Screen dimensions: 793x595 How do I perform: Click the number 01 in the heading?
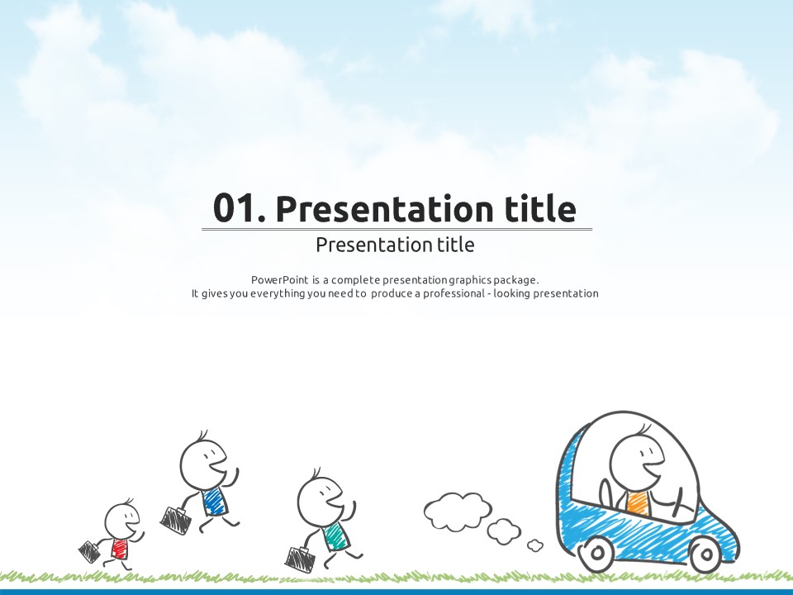click(x=233, y=208)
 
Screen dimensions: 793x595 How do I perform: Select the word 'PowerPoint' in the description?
click(x=280, y=280)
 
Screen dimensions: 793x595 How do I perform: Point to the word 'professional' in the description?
click(x=453, y=293)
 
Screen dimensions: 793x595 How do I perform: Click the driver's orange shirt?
click(x=637, y=503)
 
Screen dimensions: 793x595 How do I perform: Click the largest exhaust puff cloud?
click(x=458, y=511)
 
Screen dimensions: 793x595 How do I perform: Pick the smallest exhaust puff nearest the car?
click(x=535, y=545)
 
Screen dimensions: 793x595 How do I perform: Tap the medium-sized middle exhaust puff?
click(x=504, y=531)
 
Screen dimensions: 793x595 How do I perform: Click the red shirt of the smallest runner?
click(x=119, y=549)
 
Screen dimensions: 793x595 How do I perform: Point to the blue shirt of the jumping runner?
click(x=215, y=501)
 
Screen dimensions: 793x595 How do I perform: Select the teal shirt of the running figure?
click(x=335, y=536)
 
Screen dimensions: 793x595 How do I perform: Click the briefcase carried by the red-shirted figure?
click(x=89, y=551)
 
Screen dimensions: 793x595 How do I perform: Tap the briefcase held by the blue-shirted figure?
click(x=177, y=518)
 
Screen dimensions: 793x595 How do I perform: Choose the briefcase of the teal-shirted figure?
click(x=301, y=558)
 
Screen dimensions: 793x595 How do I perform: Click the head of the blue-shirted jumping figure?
click(x=203, y=464)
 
